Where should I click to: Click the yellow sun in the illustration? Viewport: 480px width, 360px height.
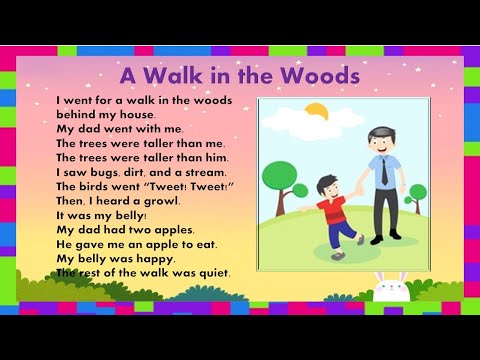point(316,110)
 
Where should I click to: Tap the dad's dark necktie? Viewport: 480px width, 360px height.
point(384,172)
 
